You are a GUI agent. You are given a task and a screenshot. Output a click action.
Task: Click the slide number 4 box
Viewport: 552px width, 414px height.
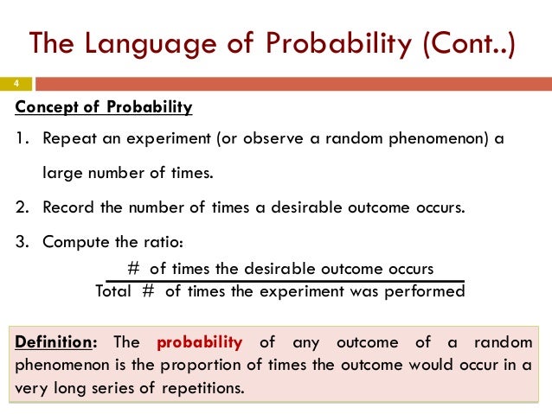(x=16, y=84)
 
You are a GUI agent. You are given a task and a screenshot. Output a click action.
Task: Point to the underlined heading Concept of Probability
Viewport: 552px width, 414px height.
(x=105, y=108)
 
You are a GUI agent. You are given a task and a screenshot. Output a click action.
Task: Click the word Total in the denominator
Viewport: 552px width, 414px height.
(x=112, y=291)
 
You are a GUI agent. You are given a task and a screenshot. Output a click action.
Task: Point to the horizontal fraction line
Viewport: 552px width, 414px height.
(x=286, y=280)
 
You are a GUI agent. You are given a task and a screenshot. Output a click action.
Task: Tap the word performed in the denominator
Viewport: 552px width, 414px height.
(x=427, y=291)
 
